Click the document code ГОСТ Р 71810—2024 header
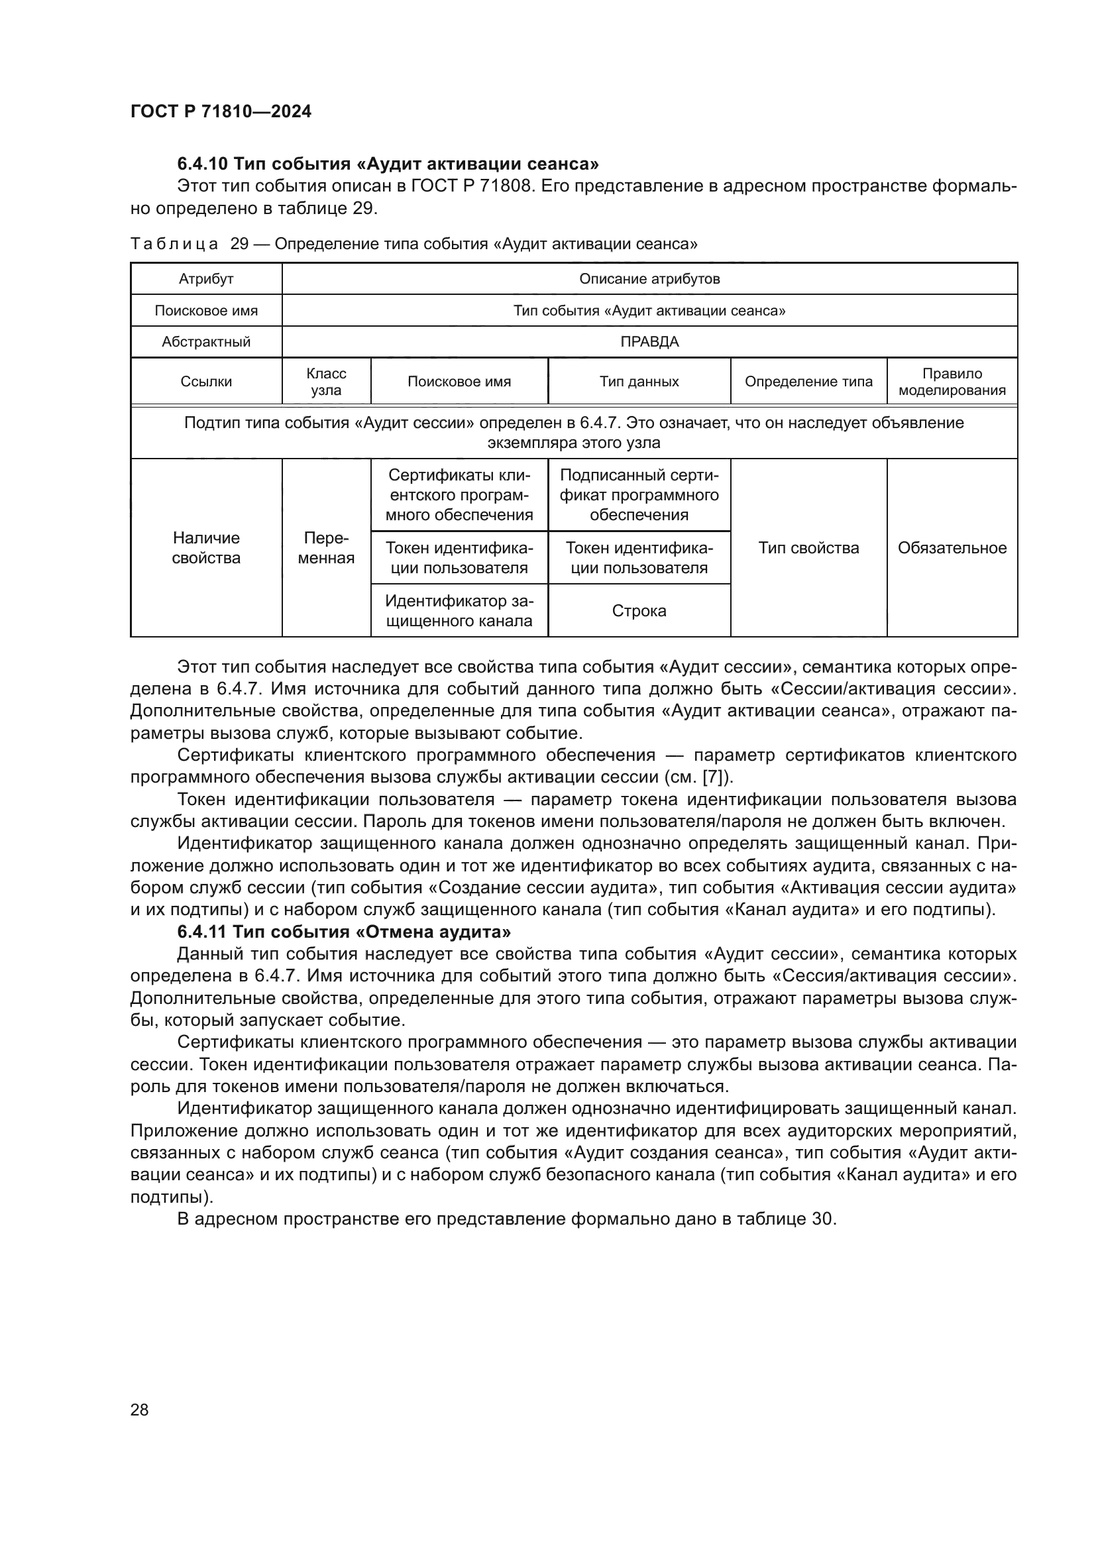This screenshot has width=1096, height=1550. [x=221, y=112]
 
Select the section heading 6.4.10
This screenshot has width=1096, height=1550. [x=388, y=164]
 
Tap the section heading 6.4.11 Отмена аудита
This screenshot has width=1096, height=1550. [x=343, y=932]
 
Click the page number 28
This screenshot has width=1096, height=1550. [x=139, y=1410]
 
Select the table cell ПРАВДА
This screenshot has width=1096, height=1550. [x=649, y=341]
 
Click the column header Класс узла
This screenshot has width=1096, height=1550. [x=326, y=382]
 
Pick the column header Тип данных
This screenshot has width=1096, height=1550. [x=638, y=382]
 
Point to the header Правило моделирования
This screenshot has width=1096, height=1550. [x=952, y=382]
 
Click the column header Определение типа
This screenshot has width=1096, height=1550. [x=808, y=382]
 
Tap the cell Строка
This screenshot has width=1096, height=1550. [x=638, y=611]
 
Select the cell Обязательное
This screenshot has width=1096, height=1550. [x=952, y=547]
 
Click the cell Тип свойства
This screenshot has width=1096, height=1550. [x=808, y=547]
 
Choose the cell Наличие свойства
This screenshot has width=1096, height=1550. [x=206, y=547]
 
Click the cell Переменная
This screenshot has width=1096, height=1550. [x=326, y=547]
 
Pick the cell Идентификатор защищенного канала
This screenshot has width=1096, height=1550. [x=459, y=611]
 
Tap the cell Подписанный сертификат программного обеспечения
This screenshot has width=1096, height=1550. [x=638, y=495]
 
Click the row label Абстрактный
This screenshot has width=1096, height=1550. [x=206, y=341]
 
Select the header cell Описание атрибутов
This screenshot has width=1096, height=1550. [x=649, y=279]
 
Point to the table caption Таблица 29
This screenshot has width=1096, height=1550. [x=413, y=244]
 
